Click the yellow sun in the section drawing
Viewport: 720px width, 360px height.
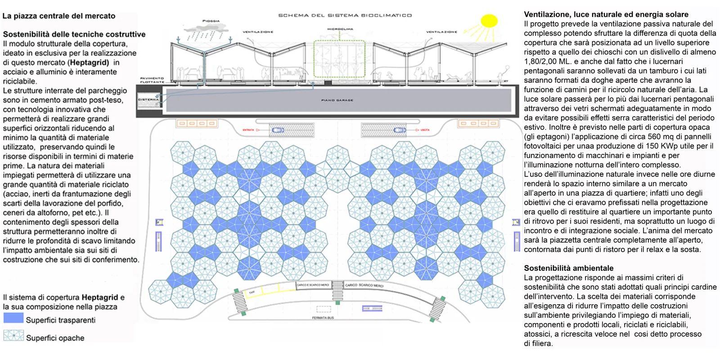point(489,21)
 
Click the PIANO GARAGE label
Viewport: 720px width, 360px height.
point(337,100)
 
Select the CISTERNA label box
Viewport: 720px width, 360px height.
point(149,99)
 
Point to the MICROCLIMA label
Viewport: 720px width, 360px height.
point(340,29)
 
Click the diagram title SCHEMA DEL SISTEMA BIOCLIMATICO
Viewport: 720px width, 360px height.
point(345,15)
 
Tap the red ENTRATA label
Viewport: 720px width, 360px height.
point(248,130)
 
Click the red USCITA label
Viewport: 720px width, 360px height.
point(425,130)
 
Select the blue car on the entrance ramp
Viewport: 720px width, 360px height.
point(278,130)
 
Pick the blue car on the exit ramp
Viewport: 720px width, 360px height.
point(399,130)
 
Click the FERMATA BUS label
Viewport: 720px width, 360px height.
point(323,318)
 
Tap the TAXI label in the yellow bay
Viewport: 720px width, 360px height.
point(252,292)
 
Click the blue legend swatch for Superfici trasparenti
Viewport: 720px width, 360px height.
point(13,318)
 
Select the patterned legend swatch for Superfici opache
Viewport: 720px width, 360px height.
point(13,336)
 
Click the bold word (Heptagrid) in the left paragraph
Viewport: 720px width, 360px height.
point(89,63)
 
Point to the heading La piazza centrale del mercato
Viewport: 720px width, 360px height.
point(59,16)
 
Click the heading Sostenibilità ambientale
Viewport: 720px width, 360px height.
point(568,268)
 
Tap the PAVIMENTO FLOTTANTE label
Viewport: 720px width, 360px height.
point(152,80)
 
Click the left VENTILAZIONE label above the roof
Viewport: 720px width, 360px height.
point(258,32)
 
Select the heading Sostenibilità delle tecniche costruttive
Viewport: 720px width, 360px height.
point(74,34)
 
